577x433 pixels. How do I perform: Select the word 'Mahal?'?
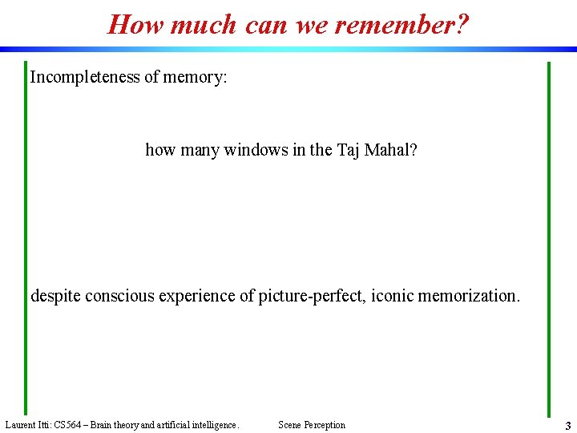[390, 150]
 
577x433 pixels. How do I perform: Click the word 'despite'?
[55, 296]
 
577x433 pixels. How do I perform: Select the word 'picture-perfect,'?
[315, 296]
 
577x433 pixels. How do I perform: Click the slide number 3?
[567, 426]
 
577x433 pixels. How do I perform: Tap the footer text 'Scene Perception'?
[312, 425]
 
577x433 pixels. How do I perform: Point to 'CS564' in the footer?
[68, 425]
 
